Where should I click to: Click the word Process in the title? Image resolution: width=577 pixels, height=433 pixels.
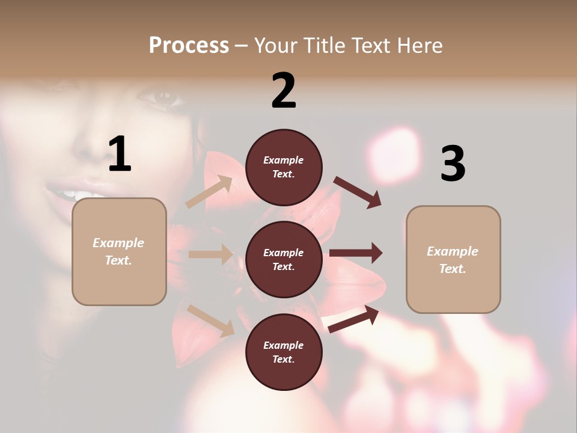click(x=189, y=46)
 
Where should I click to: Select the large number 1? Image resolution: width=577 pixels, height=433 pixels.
click(x=120, y=154)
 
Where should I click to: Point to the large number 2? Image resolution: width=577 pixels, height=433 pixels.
click(x=284, y=91)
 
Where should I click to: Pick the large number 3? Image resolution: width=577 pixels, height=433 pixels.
click(x=453, y=164)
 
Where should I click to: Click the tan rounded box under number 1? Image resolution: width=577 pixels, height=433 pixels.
click(x=119, y=251)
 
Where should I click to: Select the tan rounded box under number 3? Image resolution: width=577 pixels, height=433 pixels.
click(x=453, y=259)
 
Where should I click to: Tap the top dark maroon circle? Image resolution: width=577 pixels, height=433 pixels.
click(x=284, y=167)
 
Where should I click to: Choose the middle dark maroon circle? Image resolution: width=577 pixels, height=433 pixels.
click(x=284, y=259)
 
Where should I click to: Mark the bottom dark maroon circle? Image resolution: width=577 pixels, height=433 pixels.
click(x=284, y=352)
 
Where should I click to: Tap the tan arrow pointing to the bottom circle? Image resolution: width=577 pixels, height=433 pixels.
click(x=211, y=320)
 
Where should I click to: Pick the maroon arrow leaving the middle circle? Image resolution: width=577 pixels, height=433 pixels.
click(x=356, y=253)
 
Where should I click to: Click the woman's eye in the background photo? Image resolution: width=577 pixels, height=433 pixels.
click(x=160, y=96)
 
